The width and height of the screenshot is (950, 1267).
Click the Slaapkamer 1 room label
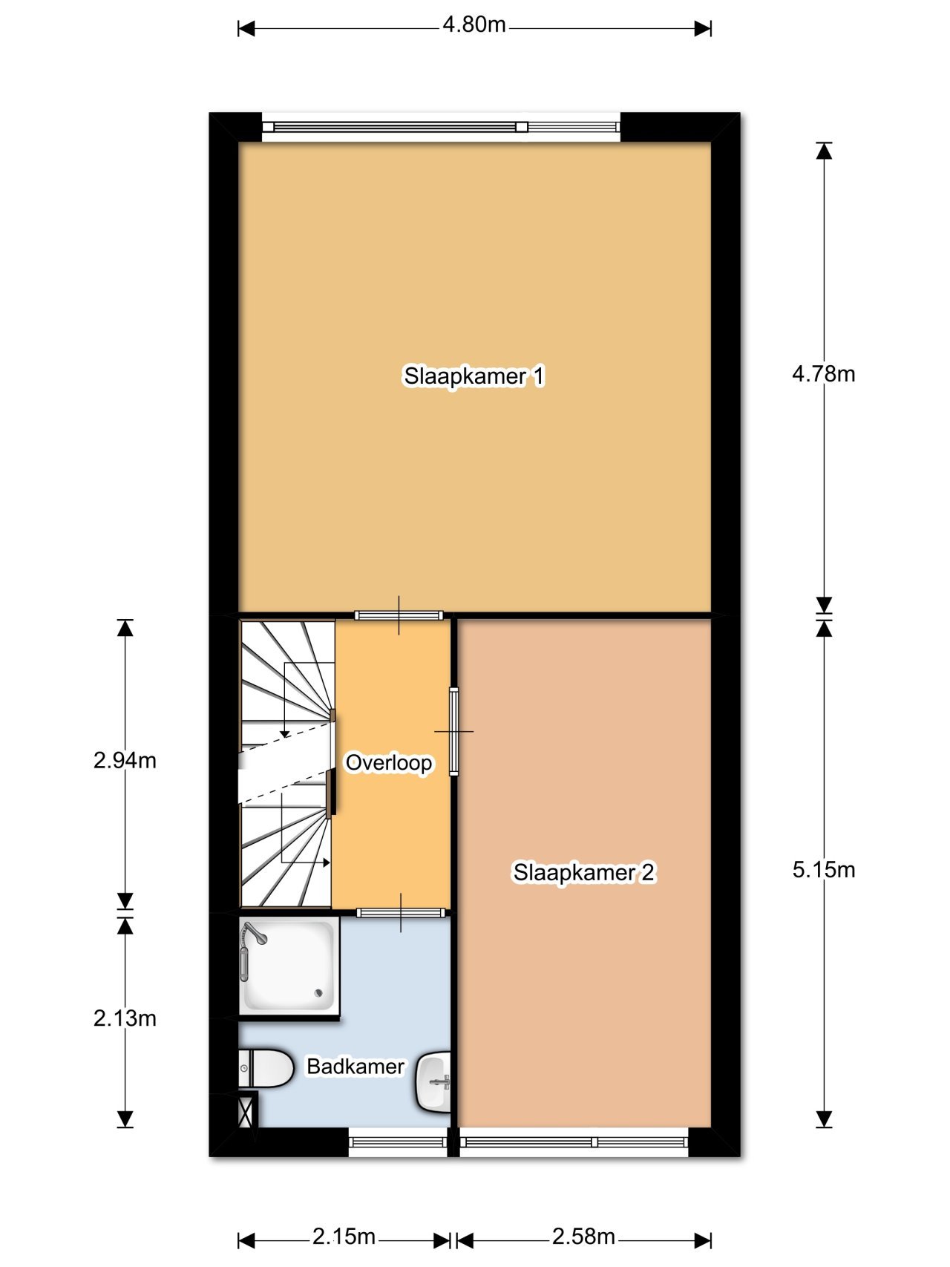coord(474,376)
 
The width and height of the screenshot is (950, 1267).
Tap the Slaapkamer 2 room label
coord(583,872)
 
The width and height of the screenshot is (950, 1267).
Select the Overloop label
coord(388,762)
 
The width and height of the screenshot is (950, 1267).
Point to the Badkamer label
coord(356,1067)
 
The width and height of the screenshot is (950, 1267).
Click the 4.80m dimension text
coord(474,25)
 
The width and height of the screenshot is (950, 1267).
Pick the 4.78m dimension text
coord(823,373)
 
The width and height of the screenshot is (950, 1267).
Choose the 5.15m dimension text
coord(823,869)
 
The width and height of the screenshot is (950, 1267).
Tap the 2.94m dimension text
coord(125,760)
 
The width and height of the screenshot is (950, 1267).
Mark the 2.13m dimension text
coord(125,1018)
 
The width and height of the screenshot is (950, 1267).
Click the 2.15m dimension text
coord(344,1237)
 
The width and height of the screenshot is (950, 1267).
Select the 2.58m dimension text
coord(583,1237)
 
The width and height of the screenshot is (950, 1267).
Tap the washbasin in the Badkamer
coord(434,1081)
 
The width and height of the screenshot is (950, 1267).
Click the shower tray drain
coord(319,992)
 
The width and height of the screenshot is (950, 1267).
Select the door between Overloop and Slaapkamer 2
coord(453,732)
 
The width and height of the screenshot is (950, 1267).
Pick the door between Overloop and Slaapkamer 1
coord(399,615)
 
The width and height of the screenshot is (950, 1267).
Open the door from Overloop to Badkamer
coord(402,912)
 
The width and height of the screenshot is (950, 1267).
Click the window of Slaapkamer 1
coord(442,127)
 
